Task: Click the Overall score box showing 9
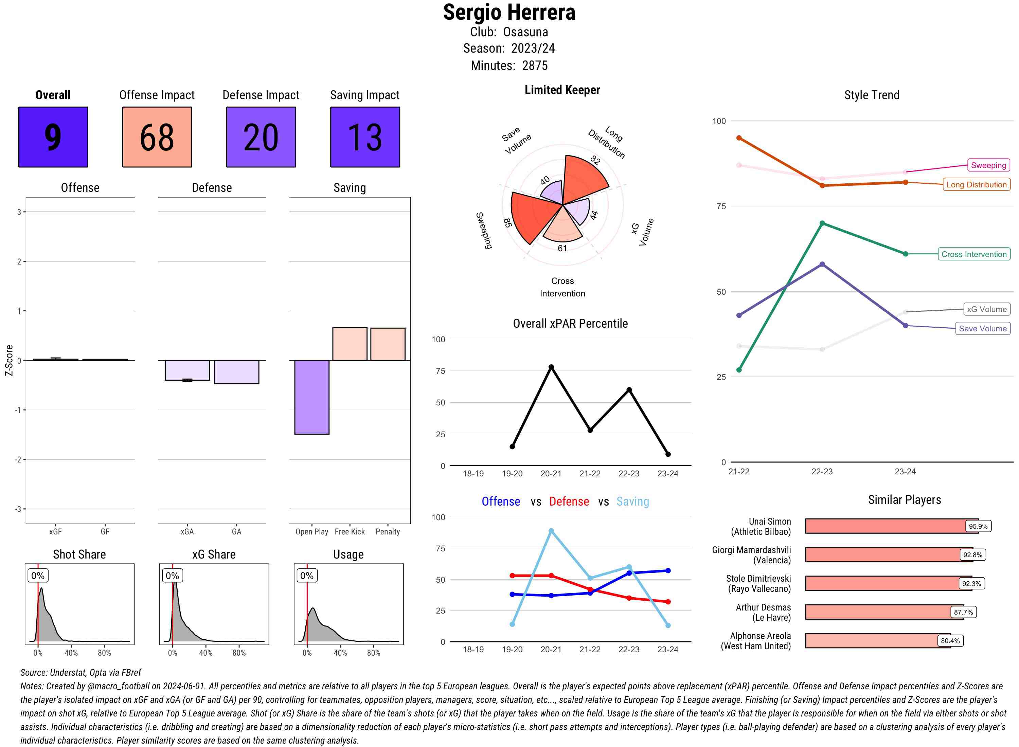click(x=53, y=137)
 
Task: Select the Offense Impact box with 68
click(x=157, y=137)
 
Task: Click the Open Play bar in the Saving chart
click(x=311, y=397)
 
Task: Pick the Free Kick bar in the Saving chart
click(x=350, y=344)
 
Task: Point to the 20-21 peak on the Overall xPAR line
click(x=551, y=367)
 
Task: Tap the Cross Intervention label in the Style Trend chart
click(x=973, y=254)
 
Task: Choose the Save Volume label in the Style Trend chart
click(x=982, y=329)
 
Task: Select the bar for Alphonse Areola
click(x=877, y=641)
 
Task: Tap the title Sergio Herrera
click(x=509, y=13)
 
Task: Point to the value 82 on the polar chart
click(x=595, y=160)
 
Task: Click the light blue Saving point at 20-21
click(x=551, y=531)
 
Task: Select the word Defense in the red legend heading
click(x=569, y=502)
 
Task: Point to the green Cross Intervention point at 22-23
click(x=822, y=223)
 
